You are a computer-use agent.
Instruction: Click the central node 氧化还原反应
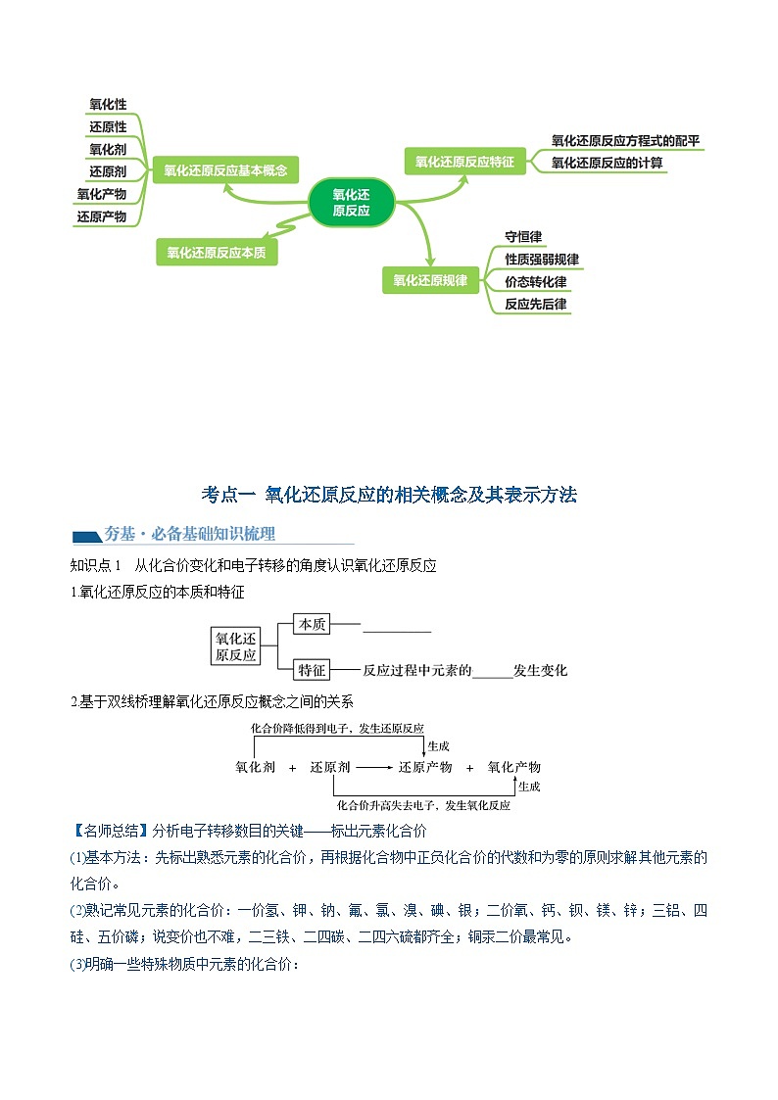click(351, 202)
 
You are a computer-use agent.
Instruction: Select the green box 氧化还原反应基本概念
click(225, 169)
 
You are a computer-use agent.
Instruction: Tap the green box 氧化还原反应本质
click(216, 252)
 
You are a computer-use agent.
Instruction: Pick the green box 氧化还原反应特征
click(464, 162)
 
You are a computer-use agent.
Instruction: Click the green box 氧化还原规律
click(430, 280)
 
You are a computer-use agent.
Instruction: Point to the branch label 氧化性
click(108, 105)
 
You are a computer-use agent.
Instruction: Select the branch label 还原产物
click(102, 216)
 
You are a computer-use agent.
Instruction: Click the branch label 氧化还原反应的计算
click(607, 163)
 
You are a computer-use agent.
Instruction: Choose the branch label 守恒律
click(523, 237)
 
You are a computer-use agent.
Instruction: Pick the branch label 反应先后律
click(535, 304)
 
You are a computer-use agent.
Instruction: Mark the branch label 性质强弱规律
click(541, 260)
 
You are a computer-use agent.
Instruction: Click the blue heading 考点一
click(228, 495)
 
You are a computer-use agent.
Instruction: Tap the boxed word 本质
click(313, 623)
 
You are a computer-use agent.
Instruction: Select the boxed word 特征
click(313, 670)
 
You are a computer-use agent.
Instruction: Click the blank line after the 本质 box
click(396, 631)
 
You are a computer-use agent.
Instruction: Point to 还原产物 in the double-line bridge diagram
click(425, 767)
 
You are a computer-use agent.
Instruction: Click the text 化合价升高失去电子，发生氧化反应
click(423, 805)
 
